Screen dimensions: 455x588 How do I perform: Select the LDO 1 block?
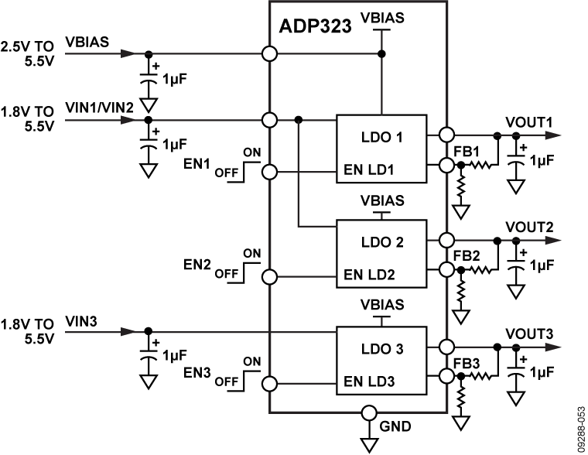pyautogui.click(x=381, y=149)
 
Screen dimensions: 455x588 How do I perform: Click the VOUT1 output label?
pyautogui.click(x=528, y=121)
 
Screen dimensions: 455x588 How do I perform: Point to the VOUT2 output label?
pyautogui.click(x=528, y=227)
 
